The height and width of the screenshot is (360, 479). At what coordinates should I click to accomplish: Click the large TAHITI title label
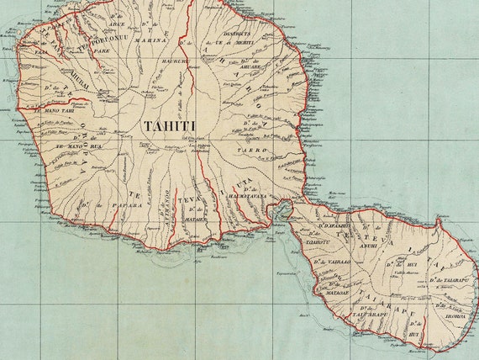[169, 125]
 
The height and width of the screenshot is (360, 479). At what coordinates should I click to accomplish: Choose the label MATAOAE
[337, 292]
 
